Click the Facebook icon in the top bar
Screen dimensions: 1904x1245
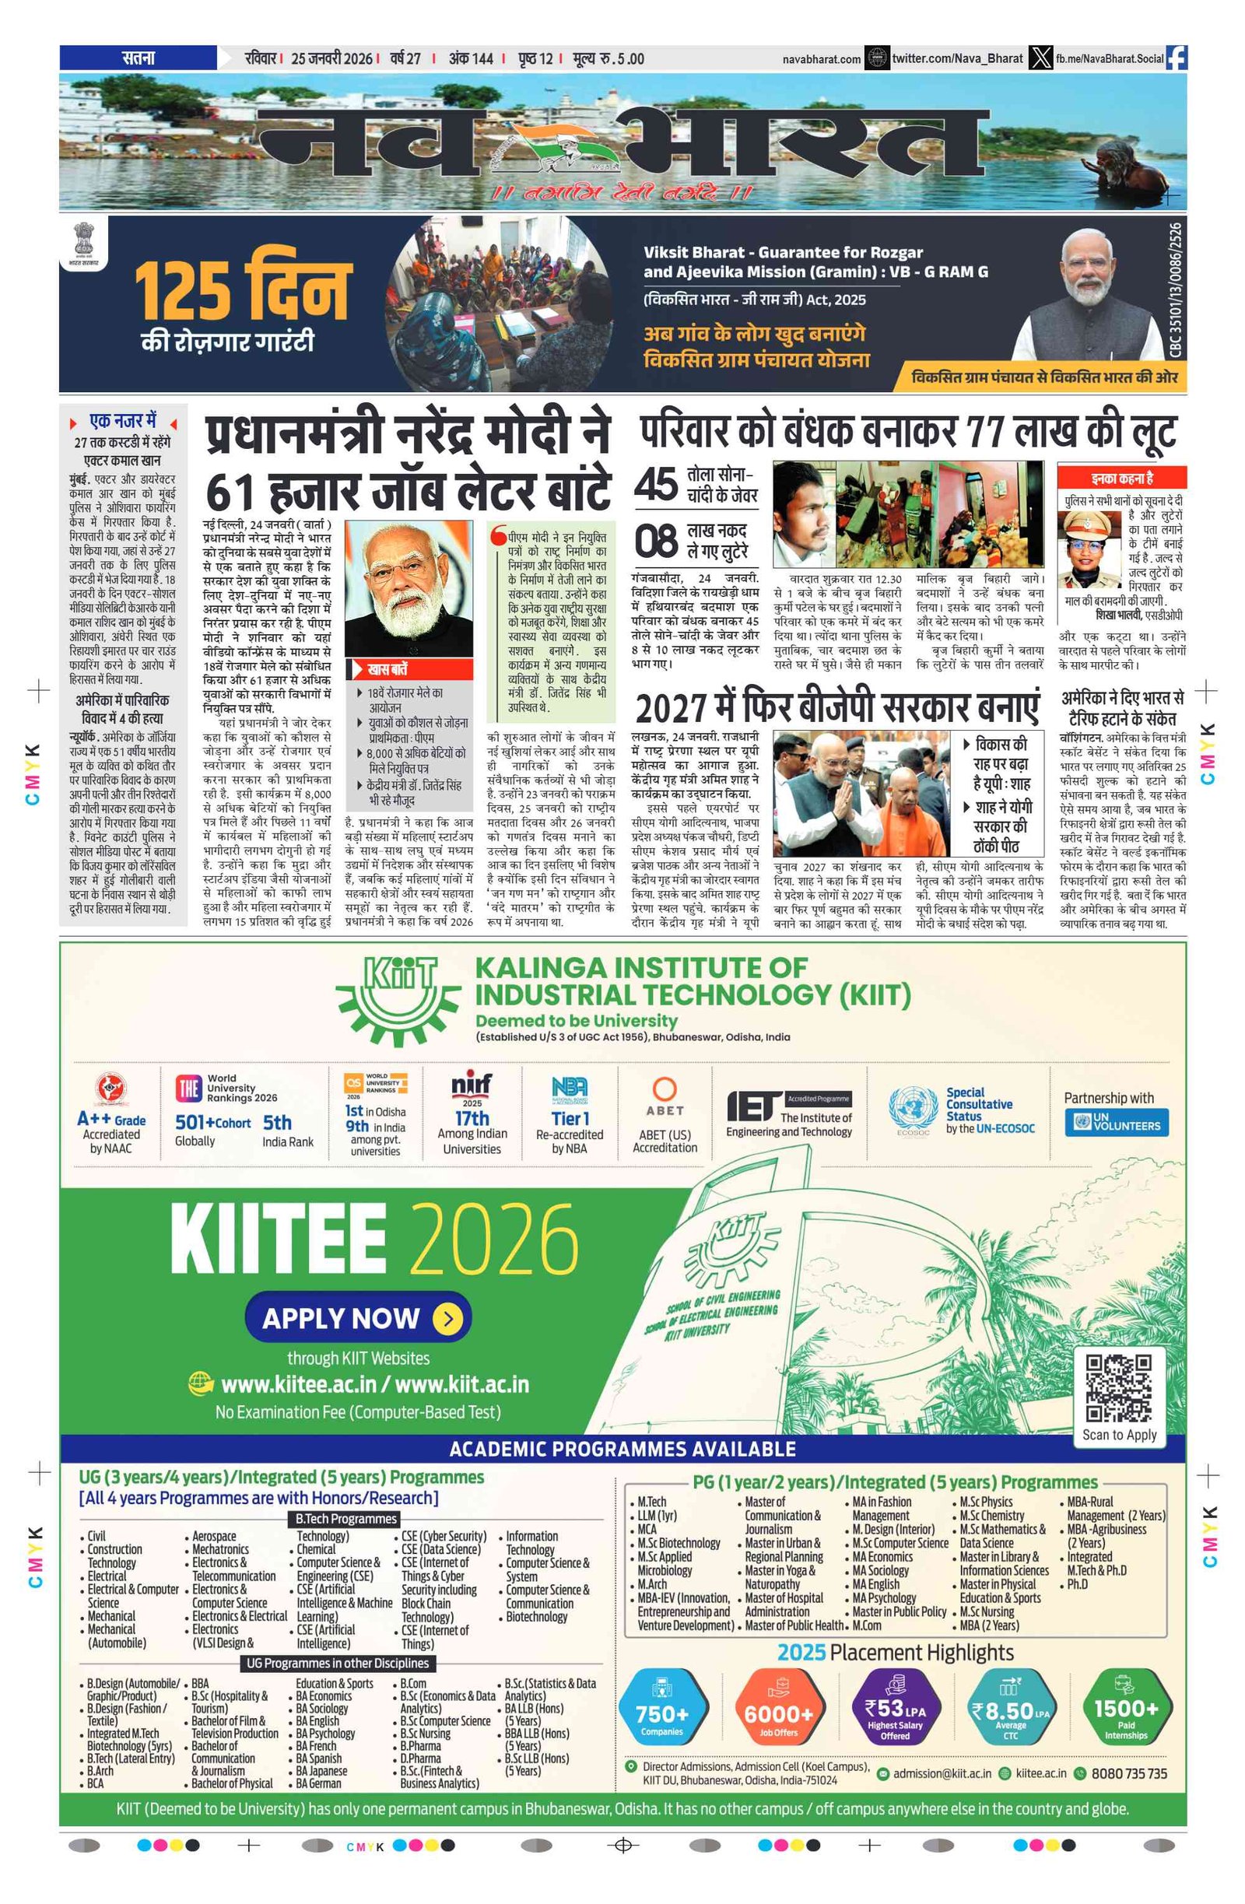tap(1177, 58)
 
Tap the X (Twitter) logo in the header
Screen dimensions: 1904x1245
tap(1040, 58)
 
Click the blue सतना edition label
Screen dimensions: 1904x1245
tap(138, 58)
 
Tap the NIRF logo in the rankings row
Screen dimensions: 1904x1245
tap(472, 1085)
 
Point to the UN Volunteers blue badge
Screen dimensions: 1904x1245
tap(1116, 1121)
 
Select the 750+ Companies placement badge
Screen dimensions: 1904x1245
tap(661, 1712)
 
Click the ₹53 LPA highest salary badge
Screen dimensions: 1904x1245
tap(895, 1712)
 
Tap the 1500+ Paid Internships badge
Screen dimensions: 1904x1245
tap(1125, 1712)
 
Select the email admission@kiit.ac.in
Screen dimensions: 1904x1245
tap(942, 1773)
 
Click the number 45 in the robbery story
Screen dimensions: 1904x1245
tap(656, 484)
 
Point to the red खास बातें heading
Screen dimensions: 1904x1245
tap(388, 669)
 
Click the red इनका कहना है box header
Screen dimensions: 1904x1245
tap(1122, 478)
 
